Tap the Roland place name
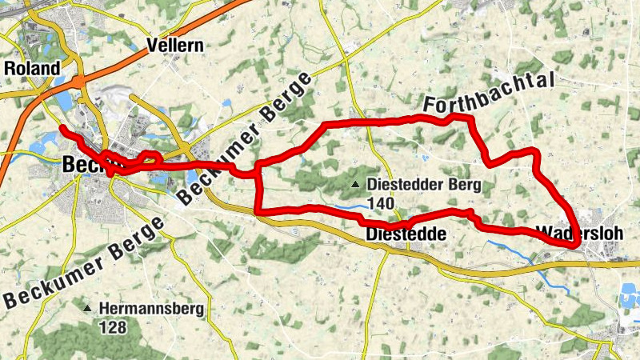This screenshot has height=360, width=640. (x=32, y=69)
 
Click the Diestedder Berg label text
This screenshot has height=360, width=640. (x=424, y=186)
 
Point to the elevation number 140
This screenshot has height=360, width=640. (x=382, y=204)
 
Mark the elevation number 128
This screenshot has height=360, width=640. (x=113, y=326)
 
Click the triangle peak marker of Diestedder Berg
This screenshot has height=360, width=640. (x=355, y=186)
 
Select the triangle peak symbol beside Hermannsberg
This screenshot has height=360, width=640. (x=87, y=308)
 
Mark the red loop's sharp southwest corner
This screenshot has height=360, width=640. (x=258, y=211)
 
